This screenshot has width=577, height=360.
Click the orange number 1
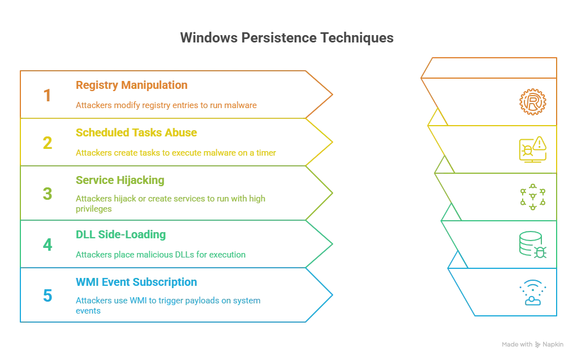tap(46, 95)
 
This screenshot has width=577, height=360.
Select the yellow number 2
tap(46, 143)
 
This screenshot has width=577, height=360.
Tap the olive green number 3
tap(48, 194)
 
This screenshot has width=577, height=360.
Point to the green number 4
tap(48, 245)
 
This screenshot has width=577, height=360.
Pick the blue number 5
tap(48, 295)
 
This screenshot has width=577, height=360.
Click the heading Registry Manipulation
tap(131, 86)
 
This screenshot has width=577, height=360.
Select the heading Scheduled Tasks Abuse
tap(136, 134)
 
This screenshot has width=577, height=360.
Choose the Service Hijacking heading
tap(120, 181)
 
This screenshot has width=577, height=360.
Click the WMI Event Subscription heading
tap(136, 282)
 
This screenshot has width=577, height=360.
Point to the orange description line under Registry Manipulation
tap(167, 105)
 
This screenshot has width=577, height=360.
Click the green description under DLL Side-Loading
tap(161, 255)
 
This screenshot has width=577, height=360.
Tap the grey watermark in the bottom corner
tap(533, 344)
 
